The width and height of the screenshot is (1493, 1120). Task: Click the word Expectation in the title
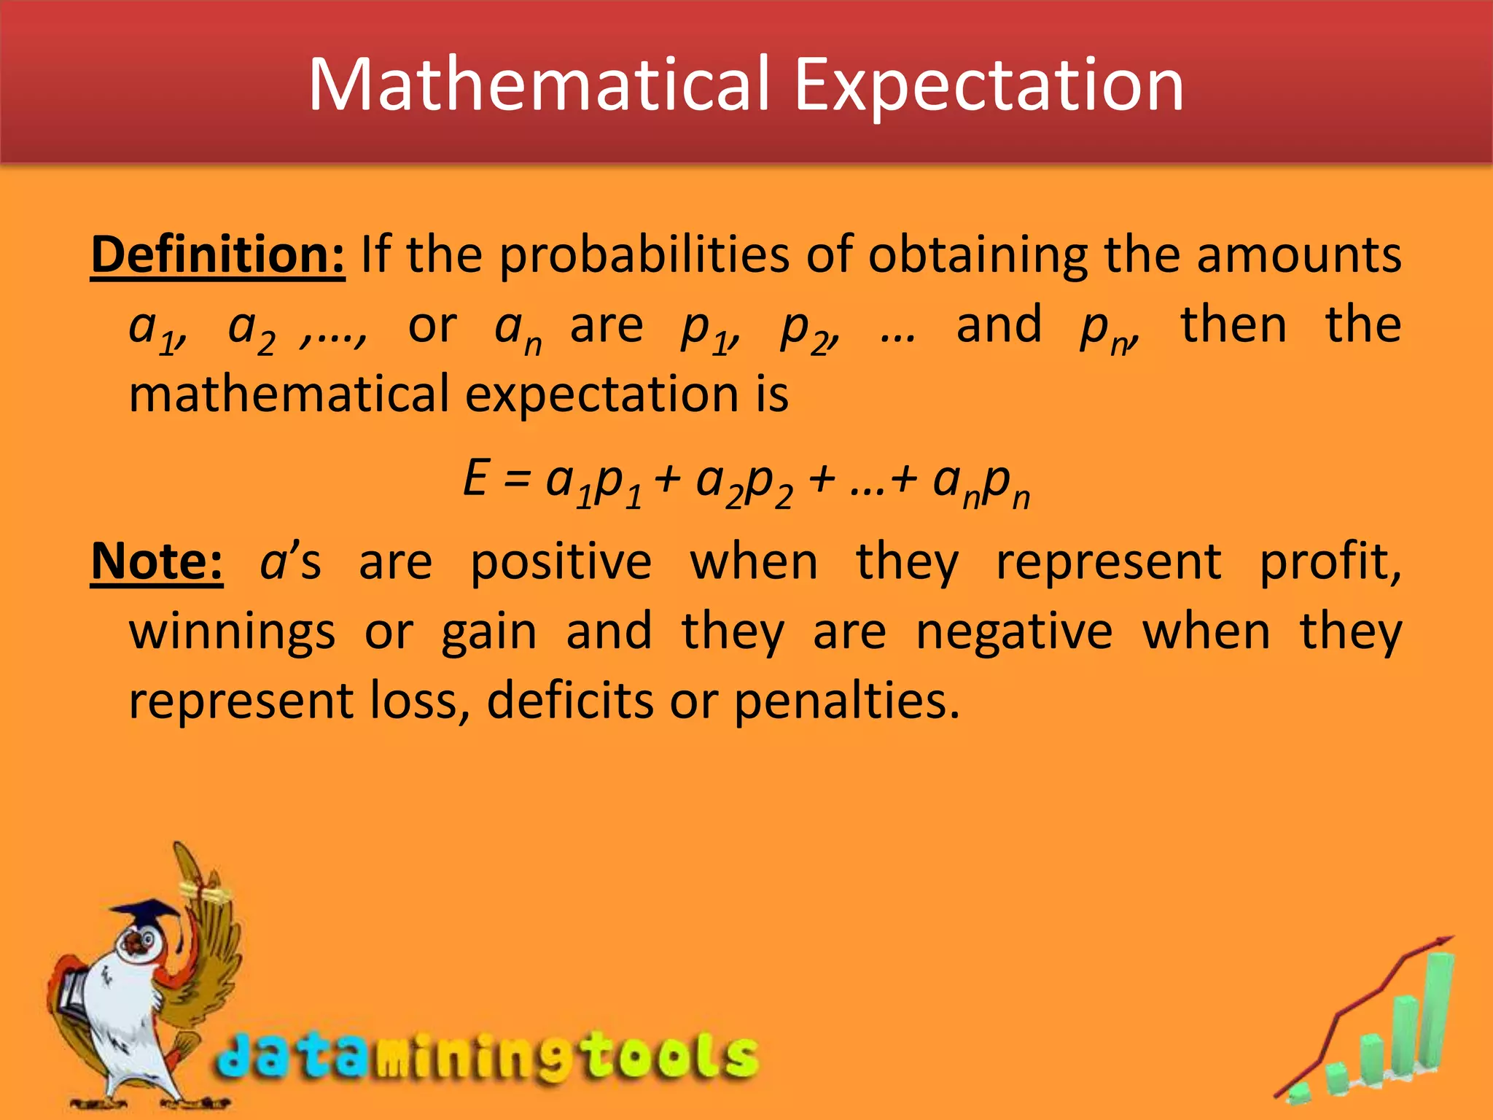pos(988,86)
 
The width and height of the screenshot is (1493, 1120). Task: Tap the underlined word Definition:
pos(217,255)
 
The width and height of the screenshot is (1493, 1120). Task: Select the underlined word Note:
pos(157,562)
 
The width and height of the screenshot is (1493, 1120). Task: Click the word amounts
pos(1298,255)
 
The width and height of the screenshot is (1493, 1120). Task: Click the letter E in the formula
pos(475,479)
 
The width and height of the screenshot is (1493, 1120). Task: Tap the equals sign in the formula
pos(516,481)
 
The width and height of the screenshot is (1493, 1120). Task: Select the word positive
pos(561,564)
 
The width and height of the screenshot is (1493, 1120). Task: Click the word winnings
pos(232,633)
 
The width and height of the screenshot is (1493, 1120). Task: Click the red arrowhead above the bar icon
pos(1443,942)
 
